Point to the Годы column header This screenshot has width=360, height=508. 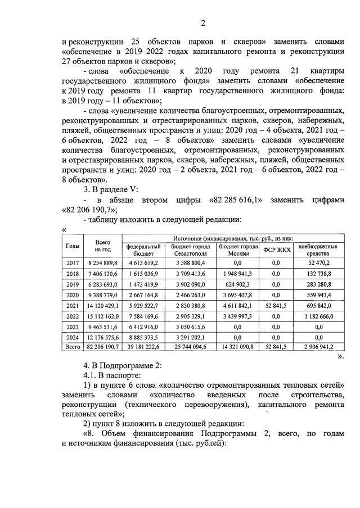click(72, 246)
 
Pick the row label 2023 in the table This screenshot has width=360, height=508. click(72, 326)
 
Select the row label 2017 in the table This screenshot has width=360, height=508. click(72, 262)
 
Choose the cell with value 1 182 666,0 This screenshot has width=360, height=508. click(318, 315)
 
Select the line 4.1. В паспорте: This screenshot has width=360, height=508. click(109, 376)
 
